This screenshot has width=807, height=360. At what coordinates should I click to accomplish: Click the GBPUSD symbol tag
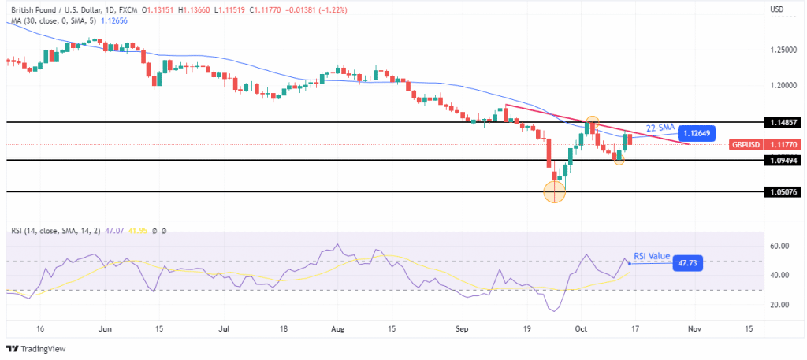pos(744,143)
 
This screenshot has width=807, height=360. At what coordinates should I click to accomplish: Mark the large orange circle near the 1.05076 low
pos(555,191)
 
